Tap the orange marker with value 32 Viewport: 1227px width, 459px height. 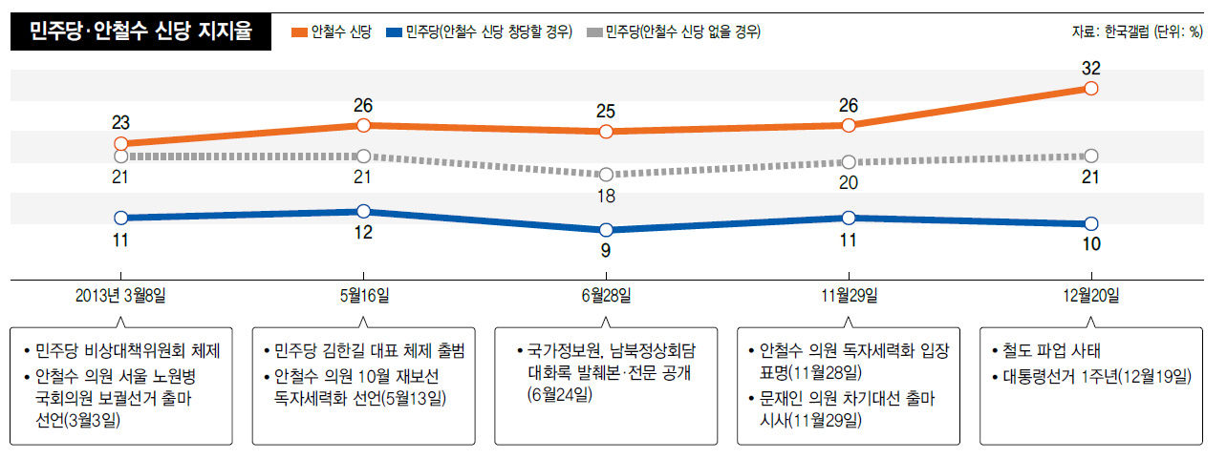[x=1091, y=88]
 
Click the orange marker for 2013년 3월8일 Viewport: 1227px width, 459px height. [x=121, y=143]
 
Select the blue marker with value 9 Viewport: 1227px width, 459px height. [x=606, y=230]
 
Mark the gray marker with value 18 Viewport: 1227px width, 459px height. [x=606, y=175]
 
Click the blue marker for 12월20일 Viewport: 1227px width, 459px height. [x=1091, y=223]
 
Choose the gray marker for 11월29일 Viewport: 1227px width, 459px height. [x=849, y=162]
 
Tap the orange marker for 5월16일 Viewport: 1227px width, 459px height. [x=363, y=125]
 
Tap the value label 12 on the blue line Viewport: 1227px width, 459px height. [x=363, y=234]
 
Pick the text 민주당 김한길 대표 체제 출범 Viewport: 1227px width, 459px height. [x=368, y=350]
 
